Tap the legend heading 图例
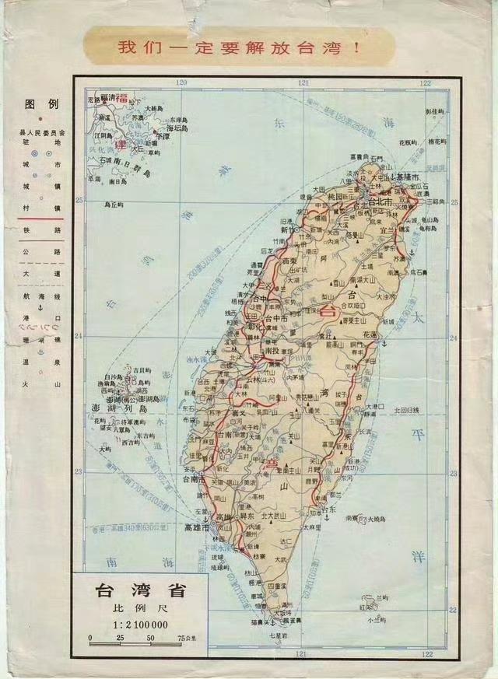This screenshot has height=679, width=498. pos(37,103)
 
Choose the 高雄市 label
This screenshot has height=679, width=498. pos(199,527)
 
